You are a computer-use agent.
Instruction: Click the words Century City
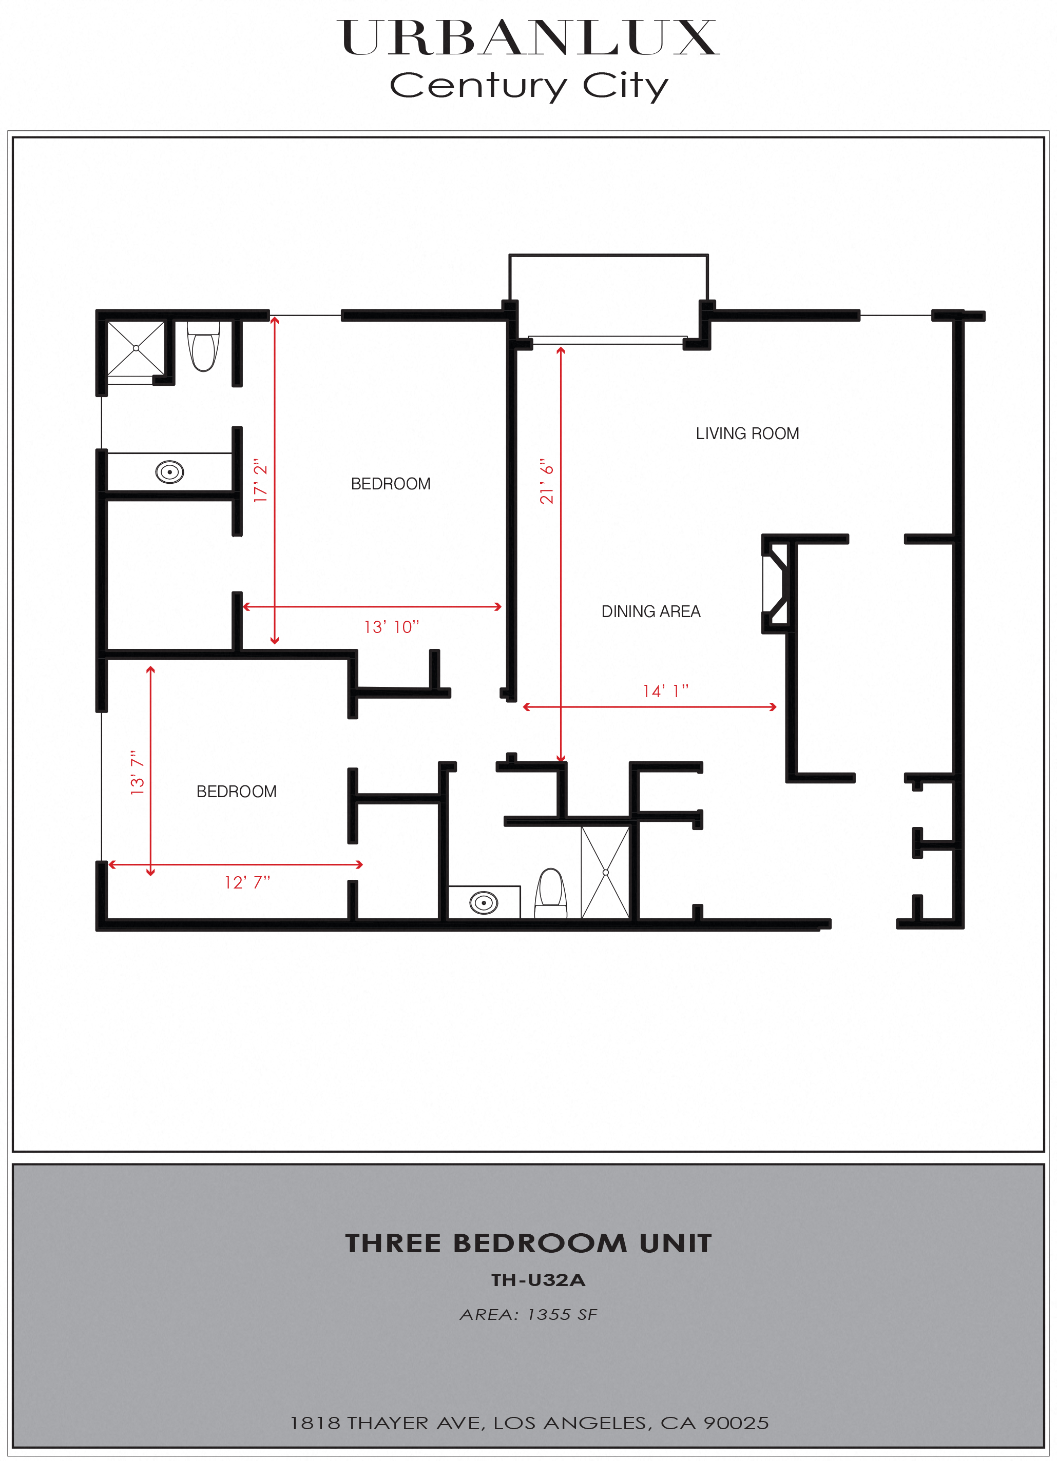(529, 85)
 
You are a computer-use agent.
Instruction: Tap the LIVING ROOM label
(747, 433)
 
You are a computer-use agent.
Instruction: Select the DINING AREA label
(650, 611)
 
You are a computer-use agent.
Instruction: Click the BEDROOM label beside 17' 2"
(391, 484)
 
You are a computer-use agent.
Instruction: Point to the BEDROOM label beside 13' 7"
(237, 792)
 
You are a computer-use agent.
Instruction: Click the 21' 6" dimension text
(547, 481)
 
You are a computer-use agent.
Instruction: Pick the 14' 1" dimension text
(665, 691)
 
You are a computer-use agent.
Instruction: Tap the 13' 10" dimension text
(391, 627)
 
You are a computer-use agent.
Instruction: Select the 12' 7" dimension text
(247, 882)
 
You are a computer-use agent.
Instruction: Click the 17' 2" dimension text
(260, 481)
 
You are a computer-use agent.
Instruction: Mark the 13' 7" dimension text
(137, 773)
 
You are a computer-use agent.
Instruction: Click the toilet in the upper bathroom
(204, 348)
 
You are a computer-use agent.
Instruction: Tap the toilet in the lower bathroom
(551, 892)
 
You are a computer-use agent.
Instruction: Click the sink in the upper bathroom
(169, 472)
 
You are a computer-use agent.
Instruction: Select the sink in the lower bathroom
(484, 902)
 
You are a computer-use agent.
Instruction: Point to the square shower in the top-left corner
(136, 348)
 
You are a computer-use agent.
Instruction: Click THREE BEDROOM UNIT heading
(529, 1243)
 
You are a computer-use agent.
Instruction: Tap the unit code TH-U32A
(538, 1280)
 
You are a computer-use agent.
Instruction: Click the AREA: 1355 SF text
(529, 1315)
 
